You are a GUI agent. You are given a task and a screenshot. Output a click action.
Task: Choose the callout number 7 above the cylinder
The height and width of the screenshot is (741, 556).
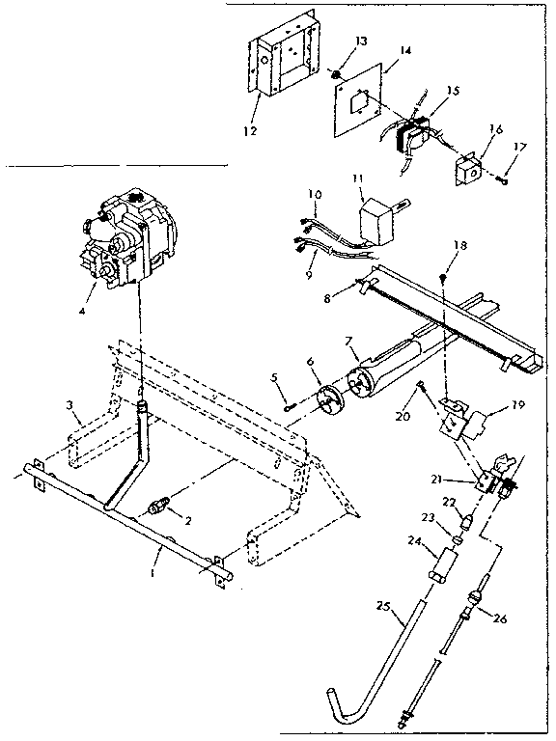352,343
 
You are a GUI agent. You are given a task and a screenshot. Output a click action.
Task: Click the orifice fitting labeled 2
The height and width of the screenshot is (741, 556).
159,505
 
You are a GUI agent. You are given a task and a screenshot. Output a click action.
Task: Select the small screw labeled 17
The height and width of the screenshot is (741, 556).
505,178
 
